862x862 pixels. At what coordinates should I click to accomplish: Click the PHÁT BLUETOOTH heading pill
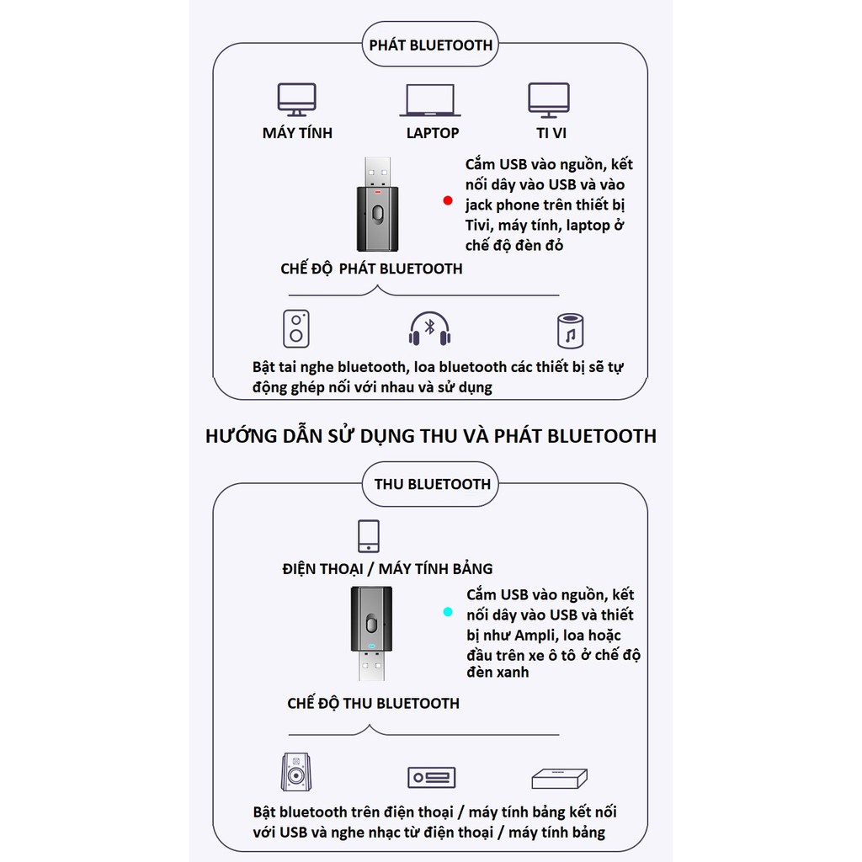click(430, 44)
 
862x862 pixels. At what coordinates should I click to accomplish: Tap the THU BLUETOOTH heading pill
click(430, 484)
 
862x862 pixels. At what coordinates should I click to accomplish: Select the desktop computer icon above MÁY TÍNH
click(296, 99)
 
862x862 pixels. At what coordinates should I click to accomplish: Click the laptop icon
click(430, 100)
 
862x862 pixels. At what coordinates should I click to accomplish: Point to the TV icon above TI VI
click(549, 100)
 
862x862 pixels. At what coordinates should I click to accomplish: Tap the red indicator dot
click(448, 200)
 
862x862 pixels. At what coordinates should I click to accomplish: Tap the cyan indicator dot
click(448, 611)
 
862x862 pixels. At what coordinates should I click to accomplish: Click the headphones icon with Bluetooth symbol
click(430, 329)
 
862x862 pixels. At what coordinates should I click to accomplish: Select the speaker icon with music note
click(570, 331)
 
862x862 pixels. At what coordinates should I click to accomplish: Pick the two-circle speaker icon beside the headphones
click(296, 329)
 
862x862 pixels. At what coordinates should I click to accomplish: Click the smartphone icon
click(369, 536)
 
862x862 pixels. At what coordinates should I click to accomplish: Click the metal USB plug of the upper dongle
click(377, 173)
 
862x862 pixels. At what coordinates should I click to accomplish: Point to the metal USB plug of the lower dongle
click(371, 666)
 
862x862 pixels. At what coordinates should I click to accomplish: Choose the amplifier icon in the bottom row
click(432, 777)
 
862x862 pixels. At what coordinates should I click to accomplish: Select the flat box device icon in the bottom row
click(560, 778)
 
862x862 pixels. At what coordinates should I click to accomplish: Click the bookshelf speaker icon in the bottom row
click(295, 772)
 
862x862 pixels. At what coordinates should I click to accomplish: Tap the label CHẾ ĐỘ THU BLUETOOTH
click(373, 703)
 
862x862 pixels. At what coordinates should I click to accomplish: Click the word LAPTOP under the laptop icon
click(433, 133)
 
